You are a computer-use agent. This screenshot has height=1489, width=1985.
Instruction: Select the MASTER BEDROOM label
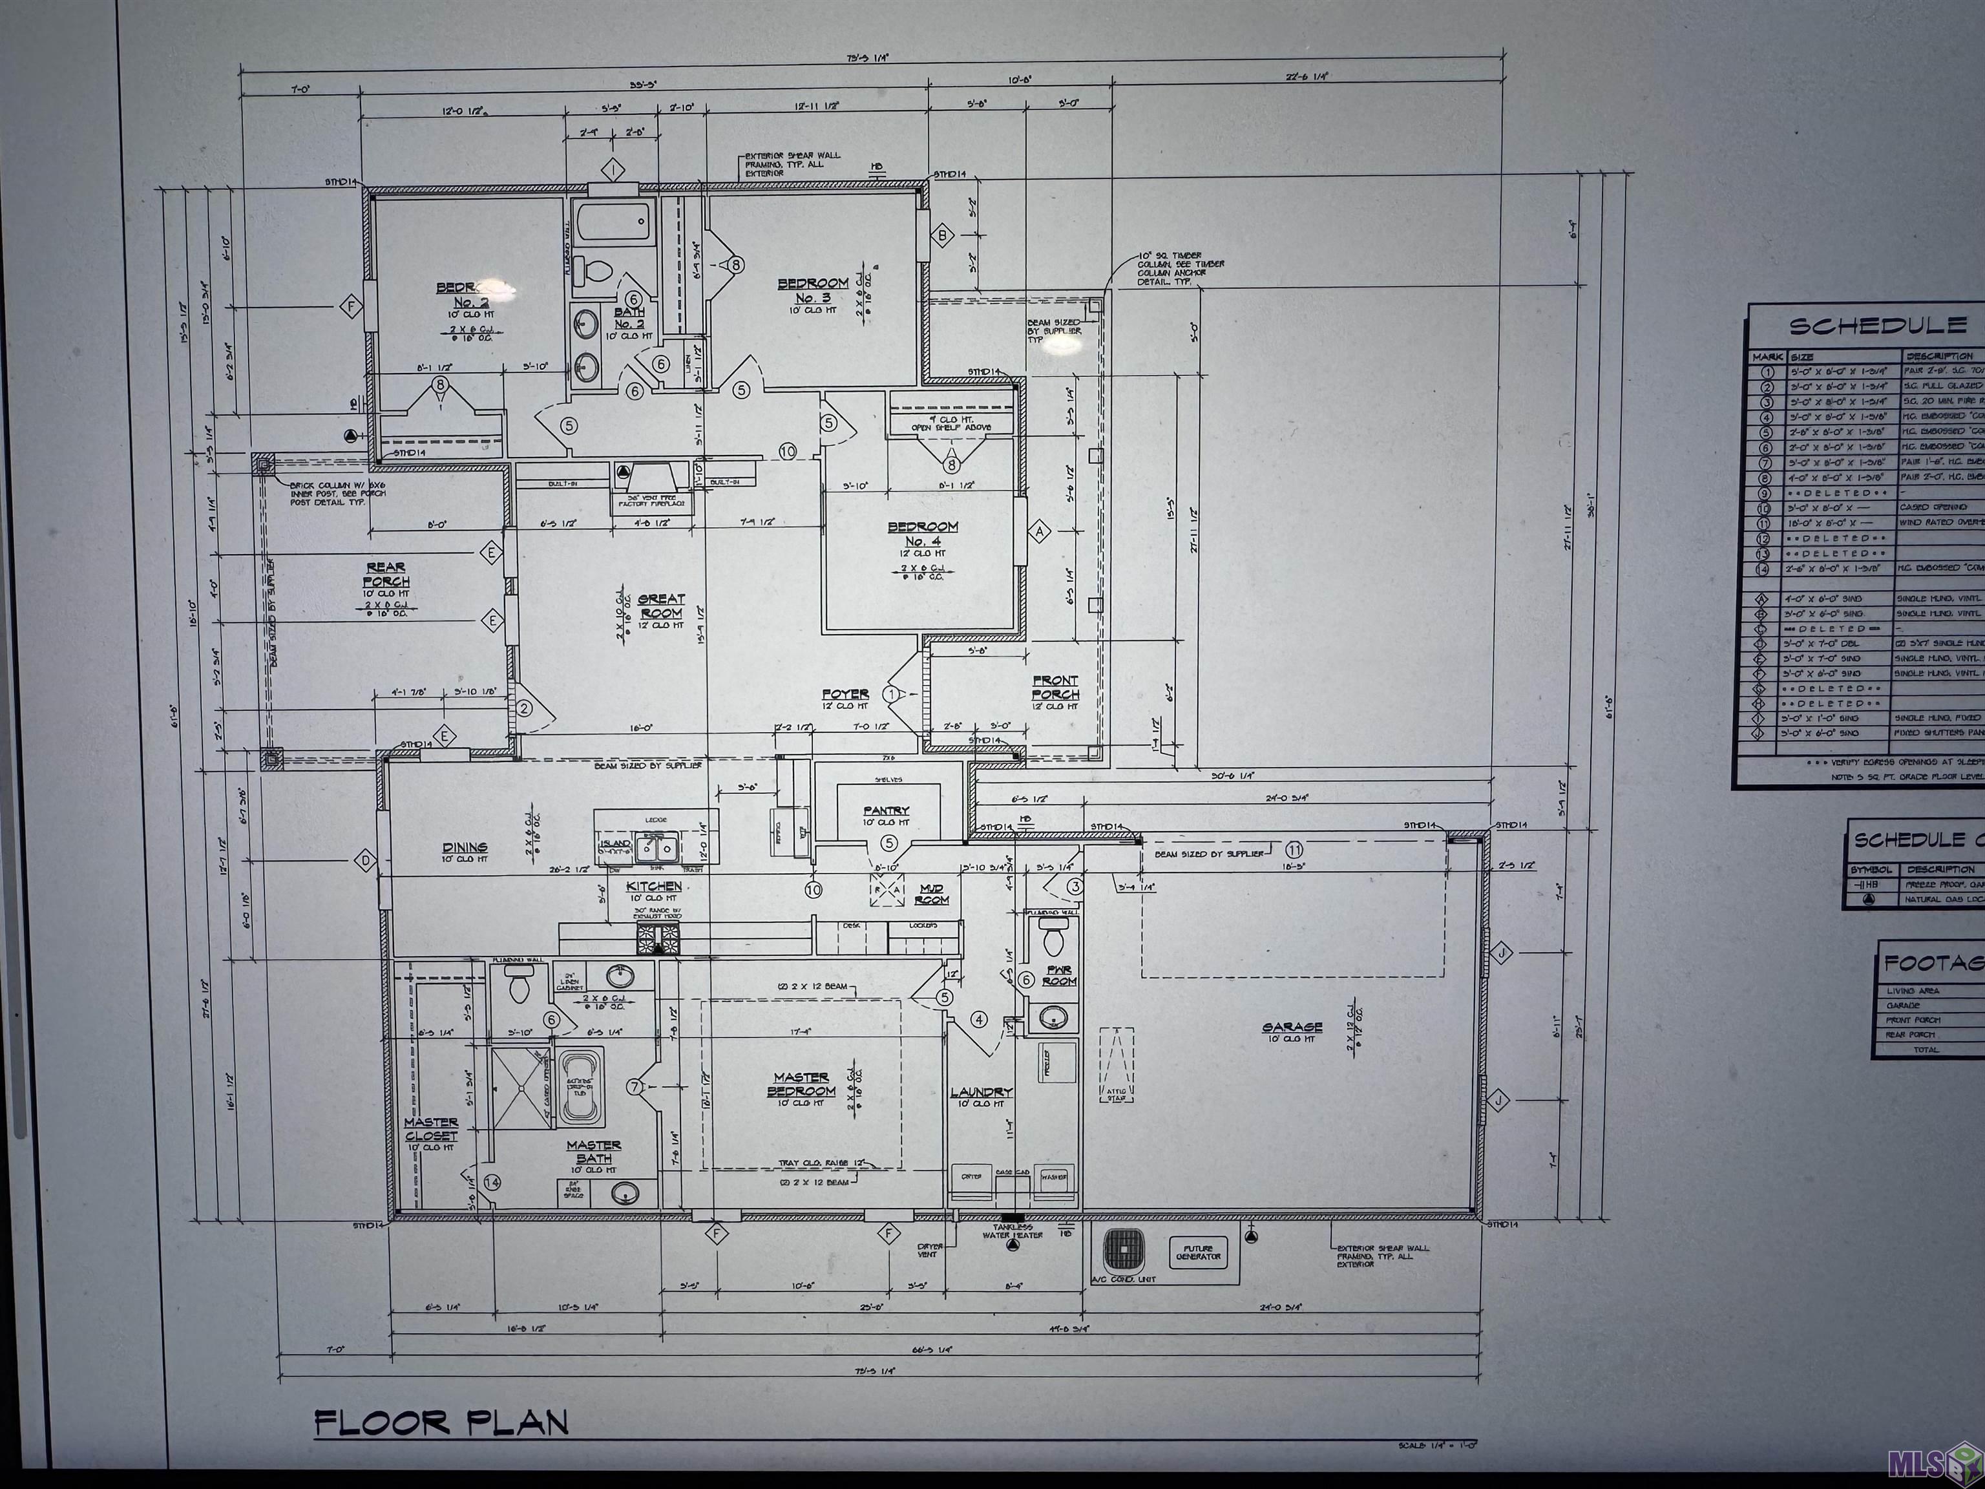801,1084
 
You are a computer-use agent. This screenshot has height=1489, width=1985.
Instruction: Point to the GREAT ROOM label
662,606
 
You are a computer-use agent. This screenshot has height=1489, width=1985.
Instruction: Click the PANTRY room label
887,810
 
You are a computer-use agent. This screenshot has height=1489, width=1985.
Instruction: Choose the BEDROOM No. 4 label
923,534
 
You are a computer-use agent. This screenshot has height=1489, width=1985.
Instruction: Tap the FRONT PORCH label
1055,688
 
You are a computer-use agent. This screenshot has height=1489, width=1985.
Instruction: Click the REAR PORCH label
385,575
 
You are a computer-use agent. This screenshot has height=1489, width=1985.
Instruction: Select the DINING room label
465,847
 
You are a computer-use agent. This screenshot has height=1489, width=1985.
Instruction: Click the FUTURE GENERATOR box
1198,1251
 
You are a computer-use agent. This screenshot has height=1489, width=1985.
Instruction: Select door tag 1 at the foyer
892,694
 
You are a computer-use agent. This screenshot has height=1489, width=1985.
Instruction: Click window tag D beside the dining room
365,861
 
